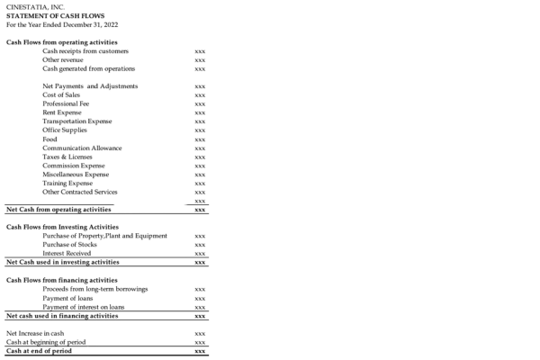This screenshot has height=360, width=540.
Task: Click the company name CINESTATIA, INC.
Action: point(35,7)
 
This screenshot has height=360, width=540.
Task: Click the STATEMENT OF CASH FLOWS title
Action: point(55,15)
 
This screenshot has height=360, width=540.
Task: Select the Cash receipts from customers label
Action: point(85,51)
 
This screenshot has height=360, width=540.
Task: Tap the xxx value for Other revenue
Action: point(200,60)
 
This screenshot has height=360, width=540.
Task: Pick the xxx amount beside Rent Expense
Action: point(200,112)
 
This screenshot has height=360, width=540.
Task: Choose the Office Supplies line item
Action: point(67,130)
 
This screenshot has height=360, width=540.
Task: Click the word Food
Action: point(50,139)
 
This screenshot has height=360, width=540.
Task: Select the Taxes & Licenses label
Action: point(67,157)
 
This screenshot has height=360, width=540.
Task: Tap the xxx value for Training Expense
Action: point(200,183)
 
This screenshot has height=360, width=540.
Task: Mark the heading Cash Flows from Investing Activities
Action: point(62,227)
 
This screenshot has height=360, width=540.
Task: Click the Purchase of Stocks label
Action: point(70,244)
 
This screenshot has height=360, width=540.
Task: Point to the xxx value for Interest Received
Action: point(200,254)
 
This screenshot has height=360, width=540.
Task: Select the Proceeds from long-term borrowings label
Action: point(95,289)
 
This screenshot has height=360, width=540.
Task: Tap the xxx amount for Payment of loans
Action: point(200,298)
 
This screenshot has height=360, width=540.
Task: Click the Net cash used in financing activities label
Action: point(62,316)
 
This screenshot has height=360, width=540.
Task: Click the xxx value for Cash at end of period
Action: point(200,351)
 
